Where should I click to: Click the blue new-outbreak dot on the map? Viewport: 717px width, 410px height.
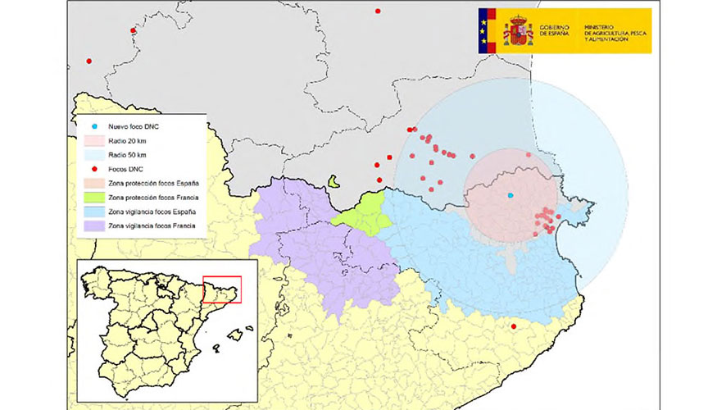(x=510, y=195)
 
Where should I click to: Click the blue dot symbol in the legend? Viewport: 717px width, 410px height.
(x=95, y=127)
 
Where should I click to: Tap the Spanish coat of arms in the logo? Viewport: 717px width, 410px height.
(x=518, y=31)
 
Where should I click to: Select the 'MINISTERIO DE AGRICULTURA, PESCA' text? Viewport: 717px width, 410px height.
(x=615, y=31)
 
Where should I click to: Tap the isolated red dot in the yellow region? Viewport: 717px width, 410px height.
(x=514, y=327)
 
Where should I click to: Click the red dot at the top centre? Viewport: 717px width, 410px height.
(x=378, y=11)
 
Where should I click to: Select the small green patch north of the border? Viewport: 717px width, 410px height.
(x=334, y=181)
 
